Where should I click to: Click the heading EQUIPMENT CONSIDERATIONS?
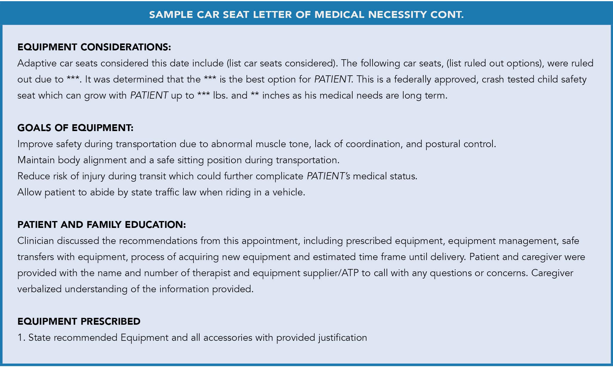pyautogui.click(x=94, y=47)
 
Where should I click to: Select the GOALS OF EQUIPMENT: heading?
pyautogui.click(x=75, y=128)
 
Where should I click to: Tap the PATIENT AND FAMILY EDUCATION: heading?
pyautogui.click(x=101, y=225)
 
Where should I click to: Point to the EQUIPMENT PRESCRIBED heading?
pyautogui.click(x=79, y=321)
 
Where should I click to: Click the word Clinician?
pyautogui.click(x=35, y=241)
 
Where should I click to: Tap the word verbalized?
pyautogui.click(x=39, y=289)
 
